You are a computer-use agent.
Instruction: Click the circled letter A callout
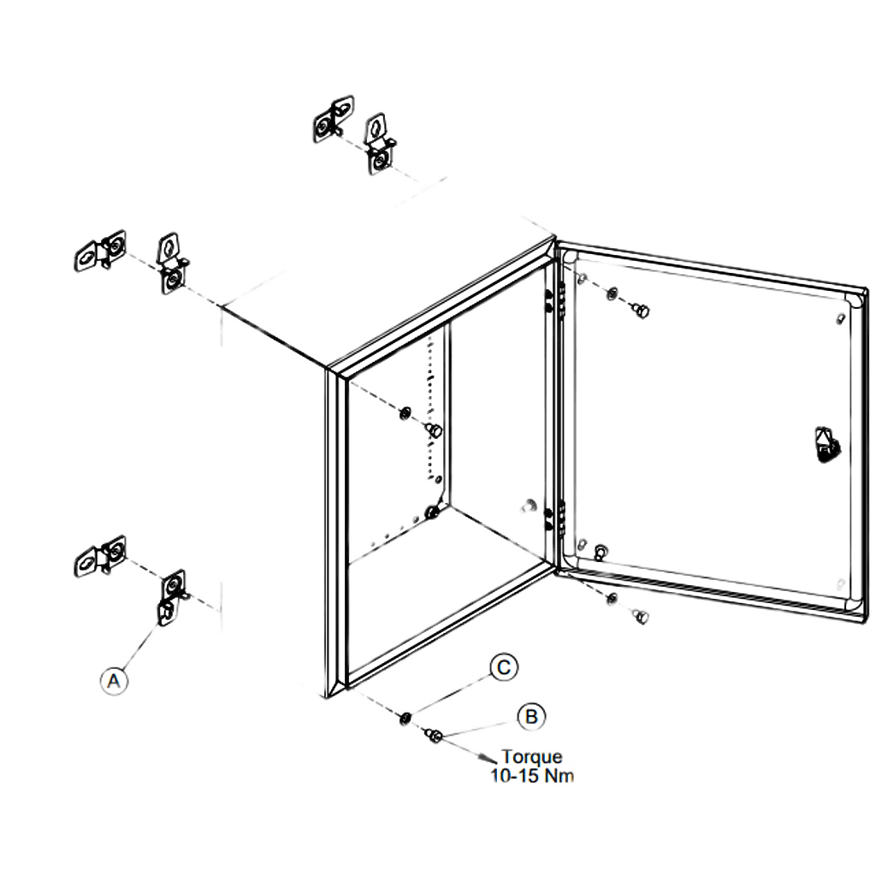[x=114, y=681]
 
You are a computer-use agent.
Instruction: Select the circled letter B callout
[x=531, y=717]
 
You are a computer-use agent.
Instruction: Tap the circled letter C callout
[x=504, y=667]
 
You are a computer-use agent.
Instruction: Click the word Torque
[x=531, y=757]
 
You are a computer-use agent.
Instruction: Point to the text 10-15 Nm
[x=532, y=775]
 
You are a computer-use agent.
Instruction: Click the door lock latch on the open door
[x=827, y=445]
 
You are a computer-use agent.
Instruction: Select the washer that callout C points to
[x=405, y=718]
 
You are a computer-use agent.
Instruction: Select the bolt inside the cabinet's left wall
[x=434, y=430]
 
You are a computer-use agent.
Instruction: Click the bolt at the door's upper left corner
[x=640, y=310]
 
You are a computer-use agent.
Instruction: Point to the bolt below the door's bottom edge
[x=640, y=617]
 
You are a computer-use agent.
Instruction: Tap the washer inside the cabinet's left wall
[x=405, y=413]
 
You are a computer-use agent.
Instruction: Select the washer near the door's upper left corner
[x=613, y=293]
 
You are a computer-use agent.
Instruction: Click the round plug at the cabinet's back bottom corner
[x=432, y=512]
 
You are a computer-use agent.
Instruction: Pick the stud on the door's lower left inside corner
[x=601, y=552]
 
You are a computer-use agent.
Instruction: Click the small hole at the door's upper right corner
[x=840, y=318]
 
